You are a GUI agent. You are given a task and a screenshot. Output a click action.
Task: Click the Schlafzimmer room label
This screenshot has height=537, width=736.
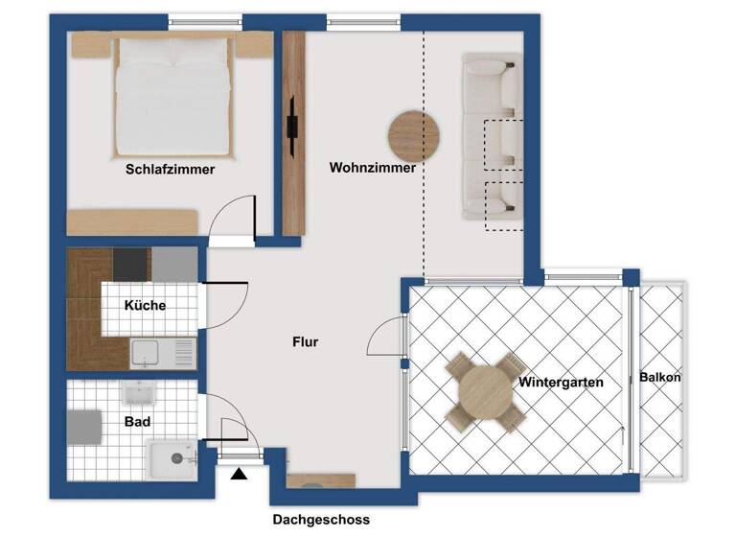click(x=170, y=170)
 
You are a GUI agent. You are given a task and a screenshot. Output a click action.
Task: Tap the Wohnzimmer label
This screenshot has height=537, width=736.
click(x=373, y=168)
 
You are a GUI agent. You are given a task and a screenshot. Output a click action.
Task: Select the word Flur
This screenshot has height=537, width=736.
click(x=306, y=342)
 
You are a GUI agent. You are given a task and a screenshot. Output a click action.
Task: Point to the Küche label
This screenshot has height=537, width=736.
click(x=145, y=306)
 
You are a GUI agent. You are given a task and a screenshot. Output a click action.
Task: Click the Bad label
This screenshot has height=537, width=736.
click(x=137, y=421)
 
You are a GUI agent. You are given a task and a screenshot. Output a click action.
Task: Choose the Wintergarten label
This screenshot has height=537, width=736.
click(x=561, y=383)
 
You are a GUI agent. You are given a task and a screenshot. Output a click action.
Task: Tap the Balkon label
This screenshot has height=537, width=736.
click(x=660, y=378)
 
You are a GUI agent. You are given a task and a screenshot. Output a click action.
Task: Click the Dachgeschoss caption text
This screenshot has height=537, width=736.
click(x=320, y=520)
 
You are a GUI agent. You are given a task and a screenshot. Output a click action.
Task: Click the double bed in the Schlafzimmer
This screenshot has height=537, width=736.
click(x=172, y=96)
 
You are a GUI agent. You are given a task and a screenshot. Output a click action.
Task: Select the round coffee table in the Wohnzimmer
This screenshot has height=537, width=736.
click(x=413, y=134)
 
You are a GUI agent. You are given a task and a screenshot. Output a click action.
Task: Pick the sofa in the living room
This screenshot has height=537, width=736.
click(x=491, y=137)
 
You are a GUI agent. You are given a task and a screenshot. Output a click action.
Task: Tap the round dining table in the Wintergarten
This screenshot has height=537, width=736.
click(x=486, y=392)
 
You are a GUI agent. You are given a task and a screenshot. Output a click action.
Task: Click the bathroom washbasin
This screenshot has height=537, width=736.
click(x=139, y=393)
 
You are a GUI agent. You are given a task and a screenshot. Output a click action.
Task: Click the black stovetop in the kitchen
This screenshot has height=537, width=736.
click(x=131, y=264)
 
